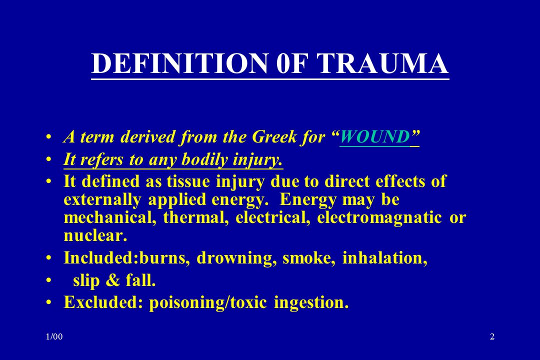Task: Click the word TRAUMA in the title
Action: point(382,63)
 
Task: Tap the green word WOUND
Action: point(374,137)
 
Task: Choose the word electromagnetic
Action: point(379,217)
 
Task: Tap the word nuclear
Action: point(95,235)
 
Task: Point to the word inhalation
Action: point(384,258)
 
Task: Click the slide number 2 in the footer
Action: point(492,336)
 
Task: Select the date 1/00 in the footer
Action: point(54,336)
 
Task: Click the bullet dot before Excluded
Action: point(49,302)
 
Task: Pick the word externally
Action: point(102,200)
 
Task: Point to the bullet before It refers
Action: point(49,160)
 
